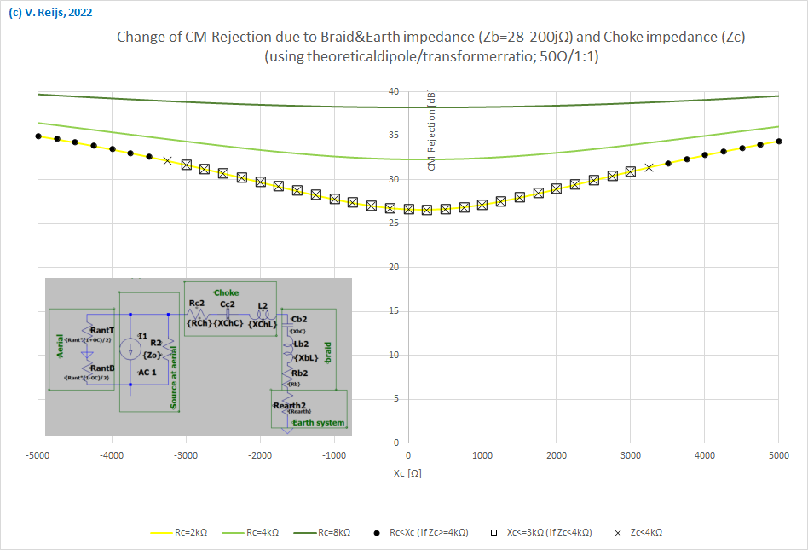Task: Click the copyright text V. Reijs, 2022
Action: tap(50, 13)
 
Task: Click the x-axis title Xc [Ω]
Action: tap(407, 472)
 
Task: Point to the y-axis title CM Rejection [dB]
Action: tap(431, 132)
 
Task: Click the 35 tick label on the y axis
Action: tap(394, 136)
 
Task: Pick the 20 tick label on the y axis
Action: tap(394, 268)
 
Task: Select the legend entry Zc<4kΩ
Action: tap(644, 532)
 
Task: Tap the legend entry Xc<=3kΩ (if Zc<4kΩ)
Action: tap(544, 532)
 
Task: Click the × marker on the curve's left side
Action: tap(168, 160)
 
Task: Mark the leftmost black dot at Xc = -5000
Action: tap(38, 136)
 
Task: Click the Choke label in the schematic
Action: tap(226, 292)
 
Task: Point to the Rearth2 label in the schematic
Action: tap(289, 404)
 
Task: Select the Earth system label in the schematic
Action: tap(319, 422)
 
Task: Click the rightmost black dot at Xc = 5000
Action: tap(778, 142)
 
